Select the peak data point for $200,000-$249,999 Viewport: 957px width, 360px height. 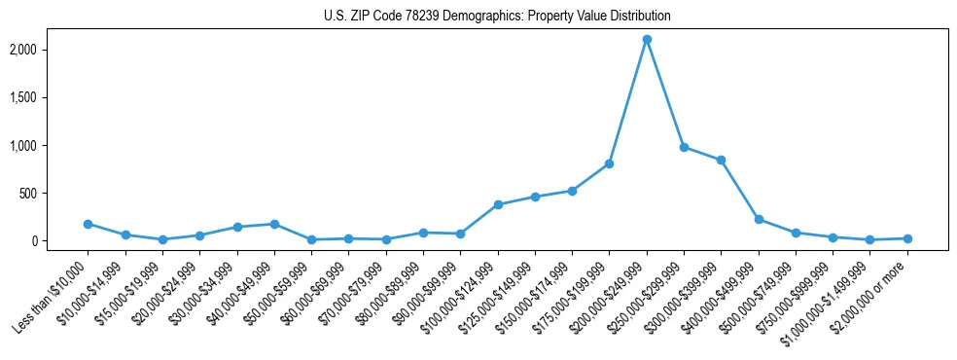pos(647,40)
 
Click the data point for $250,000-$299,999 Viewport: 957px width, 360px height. pos(684,147)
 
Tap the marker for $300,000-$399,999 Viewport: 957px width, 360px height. pos(721,160)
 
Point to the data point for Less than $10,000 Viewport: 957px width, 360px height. pos(88,224)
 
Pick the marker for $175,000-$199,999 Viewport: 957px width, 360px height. pos(609,163)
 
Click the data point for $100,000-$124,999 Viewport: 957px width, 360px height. pos(498,204)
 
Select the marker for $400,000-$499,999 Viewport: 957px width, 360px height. pos(759,219)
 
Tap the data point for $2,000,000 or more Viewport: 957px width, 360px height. pos(907,238)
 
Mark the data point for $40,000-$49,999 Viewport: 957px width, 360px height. pos(274,224)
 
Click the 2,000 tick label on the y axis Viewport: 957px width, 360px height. pos(50,50)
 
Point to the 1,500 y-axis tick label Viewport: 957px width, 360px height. pos(50,97)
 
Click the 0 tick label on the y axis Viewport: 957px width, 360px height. pos(60,241)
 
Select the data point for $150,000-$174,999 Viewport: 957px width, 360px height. pos(572,191)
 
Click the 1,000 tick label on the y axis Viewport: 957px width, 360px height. pos(50,146)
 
